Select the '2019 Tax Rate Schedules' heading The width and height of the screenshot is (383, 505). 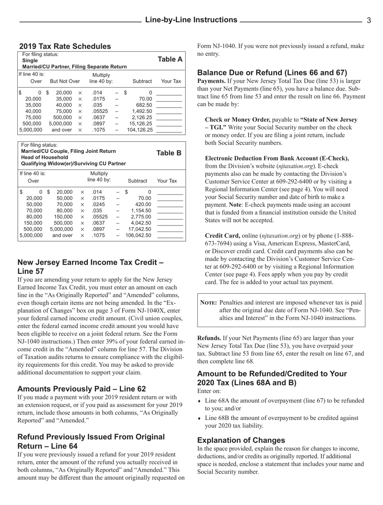65,46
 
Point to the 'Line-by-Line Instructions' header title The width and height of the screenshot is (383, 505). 191,20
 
